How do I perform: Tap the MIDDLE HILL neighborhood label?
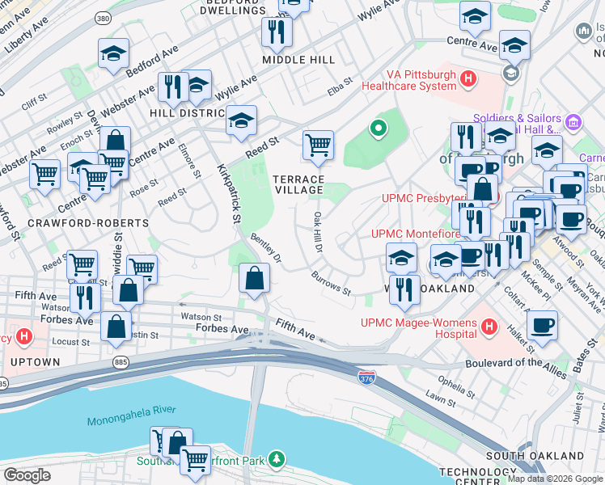point(299,60)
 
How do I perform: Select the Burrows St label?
point(330,282)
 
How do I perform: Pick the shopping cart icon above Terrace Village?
point(319,145)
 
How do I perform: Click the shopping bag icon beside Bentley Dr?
point(255,279)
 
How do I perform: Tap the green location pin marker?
point(376,128)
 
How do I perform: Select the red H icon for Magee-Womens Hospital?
point(489,327)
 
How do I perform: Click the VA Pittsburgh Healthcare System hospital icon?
point(467,79)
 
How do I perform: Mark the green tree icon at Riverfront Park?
point(277,460)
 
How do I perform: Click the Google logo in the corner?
point(27,475)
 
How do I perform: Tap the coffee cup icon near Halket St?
point(542,325)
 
